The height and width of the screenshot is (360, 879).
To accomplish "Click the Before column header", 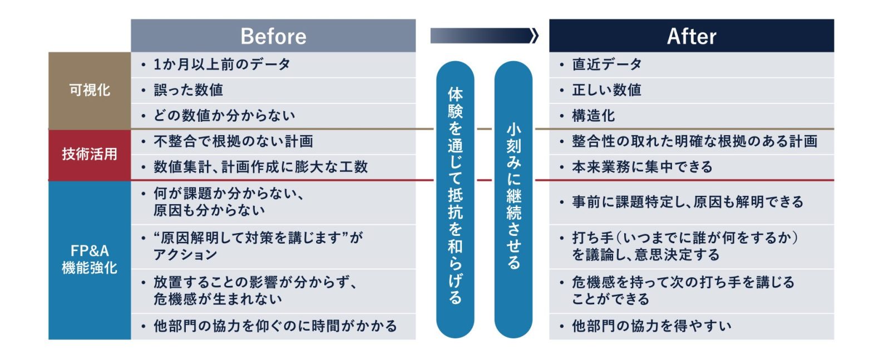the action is tap(273, 36).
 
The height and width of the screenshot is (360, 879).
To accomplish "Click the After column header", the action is tap(692, 36).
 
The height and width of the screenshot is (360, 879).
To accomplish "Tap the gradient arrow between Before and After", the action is tap(484, 36).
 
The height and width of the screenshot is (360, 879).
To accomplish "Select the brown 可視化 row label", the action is tap(90, 90).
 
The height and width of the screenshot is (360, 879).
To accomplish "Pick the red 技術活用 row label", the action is tap(90, 155).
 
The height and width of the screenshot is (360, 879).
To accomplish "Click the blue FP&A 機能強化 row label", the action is tap(90, 260).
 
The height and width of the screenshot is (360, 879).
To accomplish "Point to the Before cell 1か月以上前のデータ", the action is tap(273, 65).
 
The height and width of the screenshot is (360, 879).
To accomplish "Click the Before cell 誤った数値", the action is tap(273, 90).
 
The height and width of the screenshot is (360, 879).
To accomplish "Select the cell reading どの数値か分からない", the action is tap(273, 116).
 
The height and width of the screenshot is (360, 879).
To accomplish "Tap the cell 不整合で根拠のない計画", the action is tap(273, 142).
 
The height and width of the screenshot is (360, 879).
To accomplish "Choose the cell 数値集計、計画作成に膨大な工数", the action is tap(273, 167).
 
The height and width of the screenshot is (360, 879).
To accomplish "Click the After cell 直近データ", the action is tap(692, 65).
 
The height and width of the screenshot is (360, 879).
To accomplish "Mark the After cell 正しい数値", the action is tap(692, 90).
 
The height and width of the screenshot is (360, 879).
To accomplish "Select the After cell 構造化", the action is tap(692, 116).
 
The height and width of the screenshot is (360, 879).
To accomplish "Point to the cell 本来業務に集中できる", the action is tap(692, 167).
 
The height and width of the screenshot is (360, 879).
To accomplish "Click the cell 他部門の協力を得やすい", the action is tap(692, 326).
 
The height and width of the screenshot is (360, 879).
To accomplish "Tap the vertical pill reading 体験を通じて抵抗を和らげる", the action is tap(455, 199).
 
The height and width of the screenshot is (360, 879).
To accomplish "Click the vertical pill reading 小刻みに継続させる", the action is tap(513, 199).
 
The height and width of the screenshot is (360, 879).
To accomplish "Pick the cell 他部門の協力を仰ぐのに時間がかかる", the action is tap(273, 326).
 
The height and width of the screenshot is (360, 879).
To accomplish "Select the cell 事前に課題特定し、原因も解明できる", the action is tap(692, 203).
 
